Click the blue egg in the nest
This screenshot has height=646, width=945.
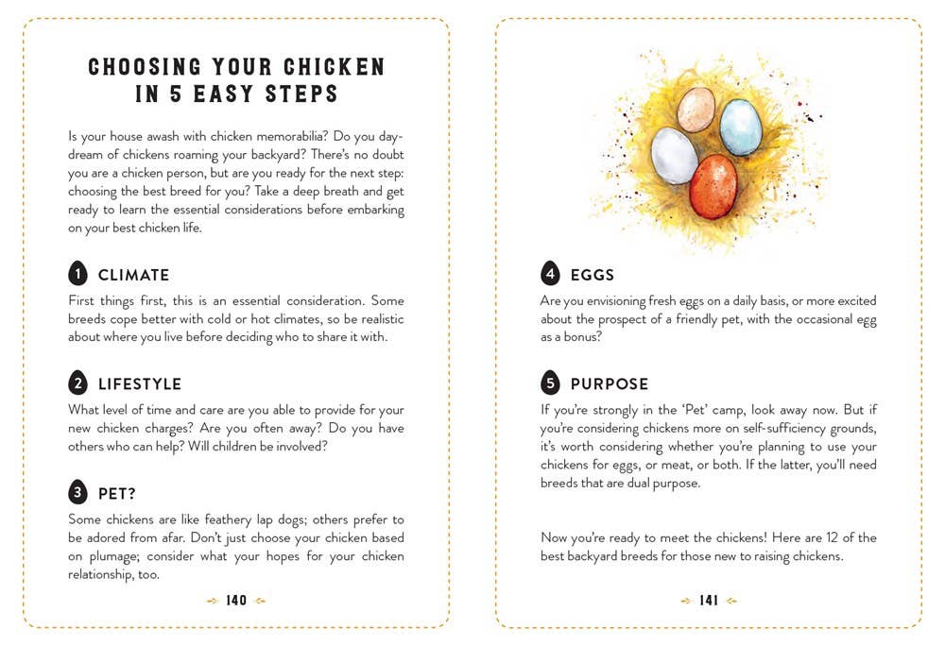(x=740, y=127)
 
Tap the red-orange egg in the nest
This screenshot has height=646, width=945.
(x=713, y=186)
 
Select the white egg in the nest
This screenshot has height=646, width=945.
(x=674, y=155)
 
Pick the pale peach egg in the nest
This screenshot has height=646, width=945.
(x=696, y=109)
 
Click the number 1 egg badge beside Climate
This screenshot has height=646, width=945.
(x=78, y=274)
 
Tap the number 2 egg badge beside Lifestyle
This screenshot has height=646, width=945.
(x=78, y=383)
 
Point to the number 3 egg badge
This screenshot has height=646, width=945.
(x=78, y=492)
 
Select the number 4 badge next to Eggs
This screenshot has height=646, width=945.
(x=550, y=274)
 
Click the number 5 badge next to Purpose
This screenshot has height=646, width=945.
(x=550, y=383)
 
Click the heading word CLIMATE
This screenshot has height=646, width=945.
(x=134, y=276)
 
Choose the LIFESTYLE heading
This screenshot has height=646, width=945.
(x=140, y=384)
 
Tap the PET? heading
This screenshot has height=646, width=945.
(x=118, y=494)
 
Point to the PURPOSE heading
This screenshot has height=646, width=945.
(x=610, y=384)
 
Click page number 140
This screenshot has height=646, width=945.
(x=236, y=601)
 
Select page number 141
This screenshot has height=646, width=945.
(x=709, y=601)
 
